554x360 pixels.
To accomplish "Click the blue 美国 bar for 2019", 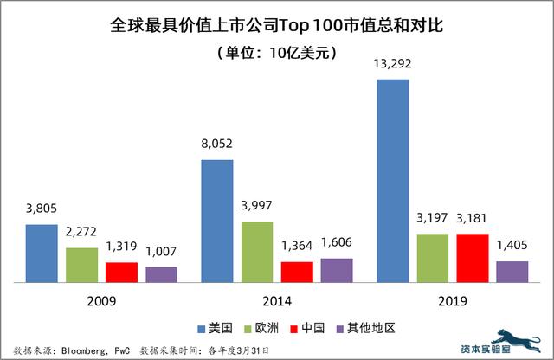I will pos(392,181).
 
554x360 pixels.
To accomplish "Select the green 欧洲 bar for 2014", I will pos(257,252).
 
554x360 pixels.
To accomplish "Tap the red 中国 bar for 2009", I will pos(121,272).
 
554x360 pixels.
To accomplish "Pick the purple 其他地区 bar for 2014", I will pos(337,270).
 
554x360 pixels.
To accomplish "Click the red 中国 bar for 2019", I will pos(473,257).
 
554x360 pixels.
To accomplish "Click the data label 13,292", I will pos(392,66).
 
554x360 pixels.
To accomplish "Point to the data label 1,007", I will pos(161,253).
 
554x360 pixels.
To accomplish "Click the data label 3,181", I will pos(473,219).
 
